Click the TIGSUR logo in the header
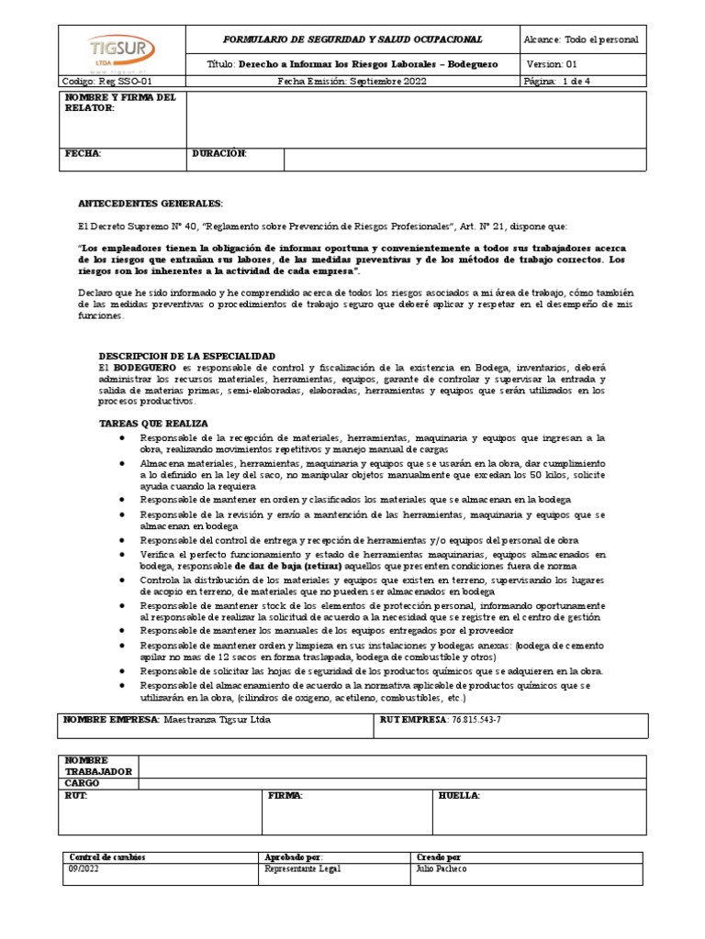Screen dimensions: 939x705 point(123,50)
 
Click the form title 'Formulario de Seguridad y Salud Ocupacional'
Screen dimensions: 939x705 point(352,40)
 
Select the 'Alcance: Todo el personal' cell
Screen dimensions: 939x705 point(581,40)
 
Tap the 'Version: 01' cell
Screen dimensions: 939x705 point(553,65)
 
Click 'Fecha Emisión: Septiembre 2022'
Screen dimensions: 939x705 point(352,82)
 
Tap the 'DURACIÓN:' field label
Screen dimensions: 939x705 point(219,153)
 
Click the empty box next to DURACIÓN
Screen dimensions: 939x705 point(464,160)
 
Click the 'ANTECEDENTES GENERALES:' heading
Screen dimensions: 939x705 point(150,203)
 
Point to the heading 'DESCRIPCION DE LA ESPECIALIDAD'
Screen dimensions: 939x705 point(186,355)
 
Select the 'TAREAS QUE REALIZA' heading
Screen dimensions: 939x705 point(153,424)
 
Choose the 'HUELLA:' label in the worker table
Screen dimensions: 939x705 point(460,796)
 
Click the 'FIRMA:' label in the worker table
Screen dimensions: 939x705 point(285,796)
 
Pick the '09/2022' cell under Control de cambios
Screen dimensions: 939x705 point(81,869)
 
